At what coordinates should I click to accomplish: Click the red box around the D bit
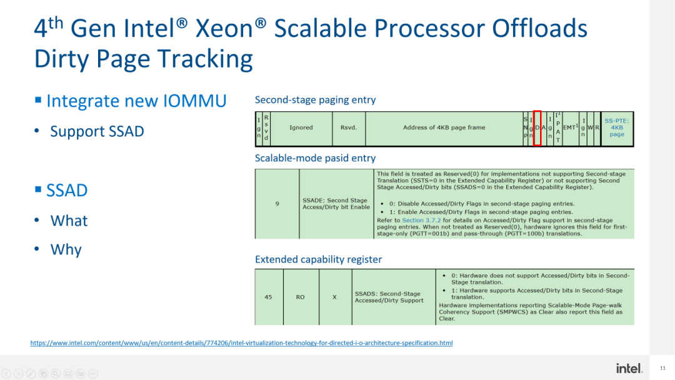tap(537, 128)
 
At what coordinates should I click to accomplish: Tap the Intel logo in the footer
tap(629, 368)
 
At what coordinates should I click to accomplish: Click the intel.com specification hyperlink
tap(241, 343)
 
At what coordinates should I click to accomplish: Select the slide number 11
tap(663, 369)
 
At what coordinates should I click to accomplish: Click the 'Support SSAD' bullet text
tap(97, 131)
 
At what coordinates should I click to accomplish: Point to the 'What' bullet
tap(69, 221)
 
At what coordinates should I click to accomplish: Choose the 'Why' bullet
tap(66, 249)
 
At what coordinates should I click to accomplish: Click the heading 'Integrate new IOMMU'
tap(136, 101)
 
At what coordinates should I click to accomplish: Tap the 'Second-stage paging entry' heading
tap(315, 100)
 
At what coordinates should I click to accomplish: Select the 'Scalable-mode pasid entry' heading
tap(315, 158)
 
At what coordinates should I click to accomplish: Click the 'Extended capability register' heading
tap(318, 259)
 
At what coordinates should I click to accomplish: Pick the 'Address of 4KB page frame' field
tap(444, 128)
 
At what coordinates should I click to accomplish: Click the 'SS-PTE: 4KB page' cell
tap(617, 128)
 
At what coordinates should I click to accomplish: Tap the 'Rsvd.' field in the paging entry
tap(349, 128)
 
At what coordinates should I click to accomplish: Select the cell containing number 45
tap(268, 297)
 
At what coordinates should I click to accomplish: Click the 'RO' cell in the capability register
tap(301, 297)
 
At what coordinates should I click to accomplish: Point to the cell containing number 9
tap(277, 203)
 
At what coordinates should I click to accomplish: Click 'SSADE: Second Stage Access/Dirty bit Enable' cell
tap(336, 204)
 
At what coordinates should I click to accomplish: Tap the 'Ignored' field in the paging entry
tap(301, 128)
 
